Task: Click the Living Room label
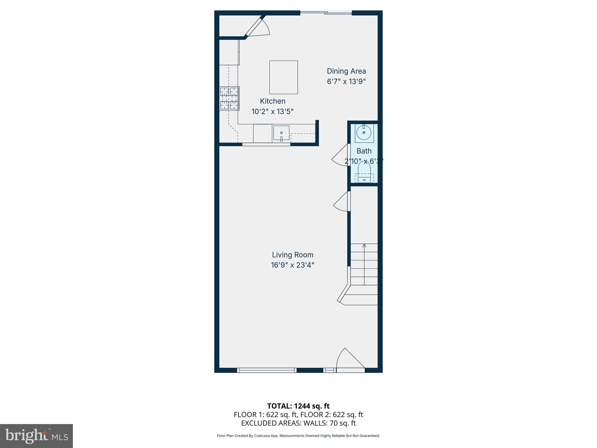point(292,255)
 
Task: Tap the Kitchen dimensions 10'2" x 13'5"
point(272,111)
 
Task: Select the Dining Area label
point(346,71)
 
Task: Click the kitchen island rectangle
point(283,77)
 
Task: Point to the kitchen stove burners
point(229,99)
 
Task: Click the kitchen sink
point(281,133)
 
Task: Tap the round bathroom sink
point(364,133)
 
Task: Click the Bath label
point(364,151)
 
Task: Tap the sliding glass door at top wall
point(326,13)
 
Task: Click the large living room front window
point(266,370)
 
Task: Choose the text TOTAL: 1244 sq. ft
point(298,406)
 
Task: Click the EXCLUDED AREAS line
point(298,423)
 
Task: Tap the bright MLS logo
point(36,436)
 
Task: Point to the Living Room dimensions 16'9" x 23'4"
point(292,265)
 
